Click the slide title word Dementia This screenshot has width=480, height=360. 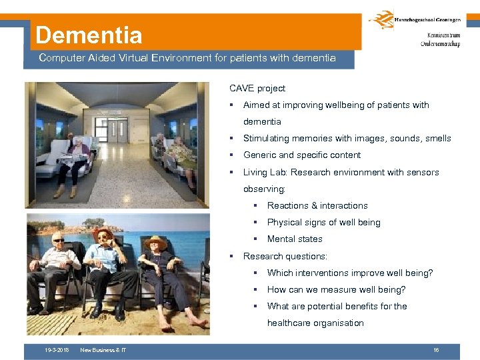click(x=89, y=35)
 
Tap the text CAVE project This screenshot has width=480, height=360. click(x=257, y=88)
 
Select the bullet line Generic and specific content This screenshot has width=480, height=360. click(x=301, y=155)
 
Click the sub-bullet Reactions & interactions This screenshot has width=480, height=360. click(x=317, y=205)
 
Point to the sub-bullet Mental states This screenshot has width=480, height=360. click(x=295, y=239)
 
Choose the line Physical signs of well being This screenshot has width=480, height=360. click(x=323, y=223)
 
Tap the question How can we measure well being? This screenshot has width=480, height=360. click(x=336, y=289)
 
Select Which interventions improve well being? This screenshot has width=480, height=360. click(x=349, y=273)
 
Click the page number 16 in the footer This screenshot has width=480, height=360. click(x=435, y=350)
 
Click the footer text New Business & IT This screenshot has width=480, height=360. click(x=103, y=350)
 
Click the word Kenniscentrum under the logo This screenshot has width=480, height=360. click(x=440, y=36)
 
